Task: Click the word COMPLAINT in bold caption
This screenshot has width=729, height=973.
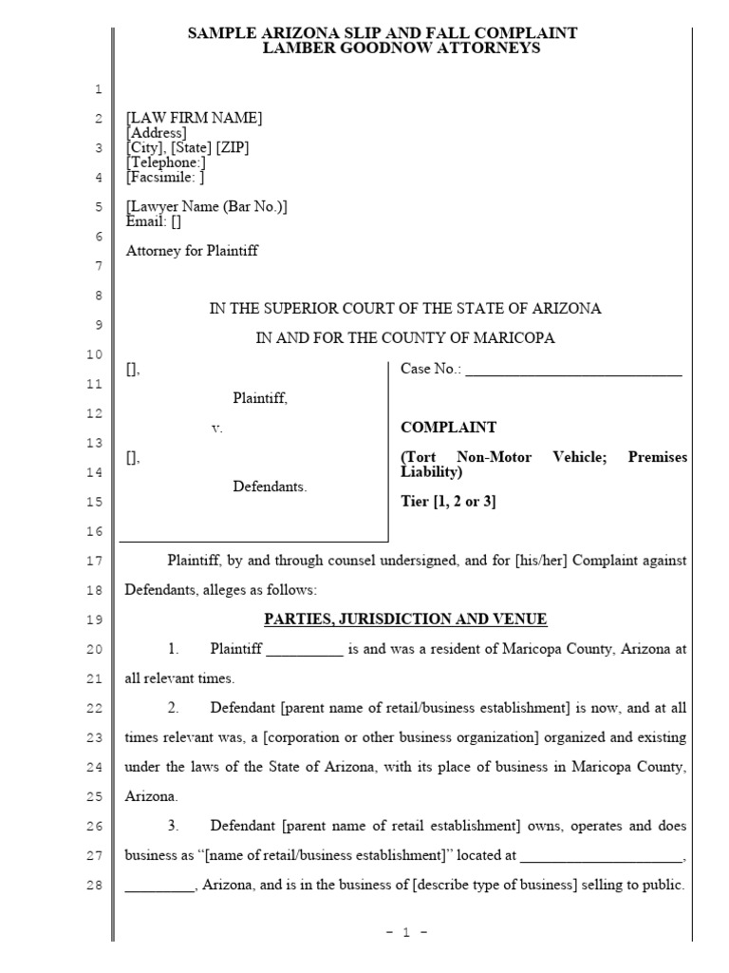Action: tap(448, 428)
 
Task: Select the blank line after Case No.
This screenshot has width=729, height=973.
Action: tap(573, 371)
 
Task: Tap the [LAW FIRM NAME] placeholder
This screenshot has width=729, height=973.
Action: tap(194, 118)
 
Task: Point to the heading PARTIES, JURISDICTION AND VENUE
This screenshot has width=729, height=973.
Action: tap(404, 620)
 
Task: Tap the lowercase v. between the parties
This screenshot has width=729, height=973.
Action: tap(217, 429)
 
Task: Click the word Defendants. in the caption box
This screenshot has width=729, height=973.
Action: tap(271, 486)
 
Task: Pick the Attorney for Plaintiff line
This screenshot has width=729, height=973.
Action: tap(192, 252)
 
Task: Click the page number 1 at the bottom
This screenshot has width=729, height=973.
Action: tap(405, 933)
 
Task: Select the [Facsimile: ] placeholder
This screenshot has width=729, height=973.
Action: tap(165, 177)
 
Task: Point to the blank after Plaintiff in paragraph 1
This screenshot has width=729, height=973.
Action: tap(304, 650)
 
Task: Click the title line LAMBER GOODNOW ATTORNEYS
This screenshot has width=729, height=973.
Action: tap(402, 48)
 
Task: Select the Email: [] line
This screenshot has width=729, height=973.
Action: tap(153, 221)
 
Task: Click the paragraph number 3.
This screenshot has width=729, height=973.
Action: tap(174, 826)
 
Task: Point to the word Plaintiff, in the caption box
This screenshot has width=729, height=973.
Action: tap(260, 399)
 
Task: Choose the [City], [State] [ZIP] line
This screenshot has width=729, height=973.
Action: tap(188, 148)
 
